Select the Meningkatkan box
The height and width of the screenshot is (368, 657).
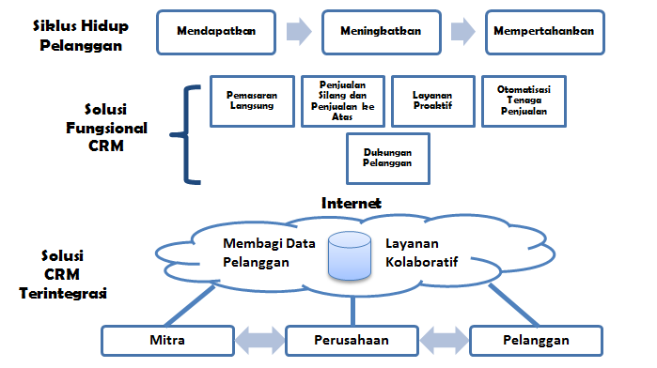(379, 31)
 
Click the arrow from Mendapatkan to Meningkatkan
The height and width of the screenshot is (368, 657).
(299, 32)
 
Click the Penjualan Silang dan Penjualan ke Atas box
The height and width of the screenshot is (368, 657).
(340, 100)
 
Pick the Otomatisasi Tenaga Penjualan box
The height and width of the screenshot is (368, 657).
(525, 100)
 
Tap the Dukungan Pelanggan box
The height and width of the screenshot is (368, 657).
(388, 158)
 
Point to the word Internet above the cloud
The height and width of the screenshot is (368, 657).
(351, 202)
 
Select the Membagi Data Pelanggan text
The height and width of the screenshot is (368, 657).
(268, 253)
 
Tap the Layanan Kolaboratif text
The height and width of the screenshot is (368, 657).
(421, 253)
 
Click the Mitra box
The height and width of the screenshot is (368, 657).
(165, 339)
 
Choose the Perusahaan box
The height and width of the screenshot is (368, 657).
(351, 339)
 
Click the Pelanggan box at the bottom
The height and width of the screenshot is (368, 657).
(534, 339)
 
